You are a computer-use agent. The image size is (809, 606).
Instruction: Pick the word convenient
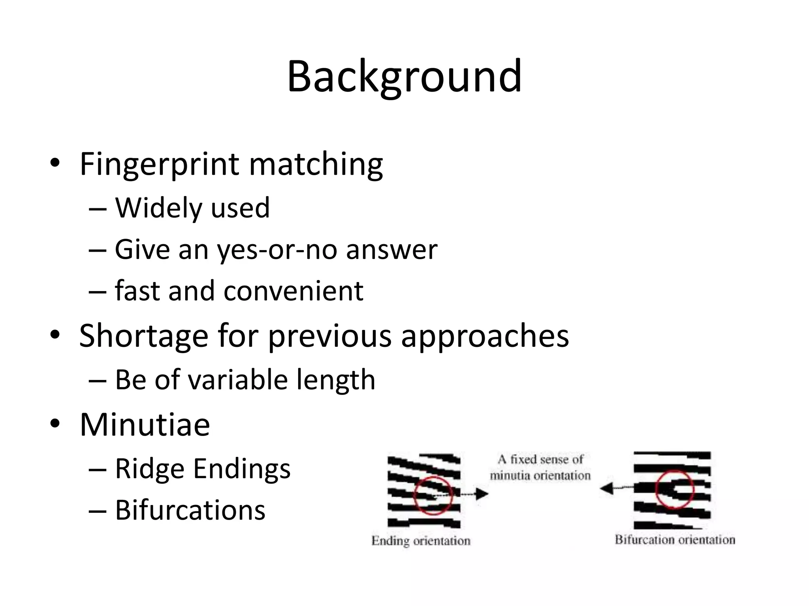click(x=293, y=291)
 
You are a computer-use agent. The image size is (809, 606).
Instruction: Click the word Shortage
click(x=143, y=336)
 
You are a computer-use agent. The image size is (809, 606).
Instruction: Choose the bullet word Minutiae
click(x=145, y=425)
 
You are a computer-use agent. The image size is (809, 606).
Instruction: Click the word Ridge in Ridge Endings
click(x=150, y=469)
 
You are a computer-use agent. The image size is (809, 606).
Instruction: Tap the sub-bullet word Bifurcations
click(x=190, y=510)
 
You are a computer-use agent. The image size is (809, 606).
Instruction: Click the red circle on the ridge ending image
click(x=433, y=496)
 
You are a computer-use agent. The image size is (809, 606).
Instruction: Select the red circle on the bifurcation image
click(x=674, y=489)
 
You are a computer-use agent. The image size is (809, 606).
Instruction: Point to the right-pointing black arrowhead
click(x=482, y=494)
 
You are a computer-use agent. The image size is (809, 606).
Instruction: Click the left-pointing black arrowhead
click(x=606, y=488)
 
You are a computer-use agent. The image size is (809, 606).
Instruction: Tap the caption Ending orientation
click(x=421, y=541)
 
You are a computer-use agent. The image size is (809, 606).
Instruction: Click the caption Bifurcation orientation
click(x=675, y=540)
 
